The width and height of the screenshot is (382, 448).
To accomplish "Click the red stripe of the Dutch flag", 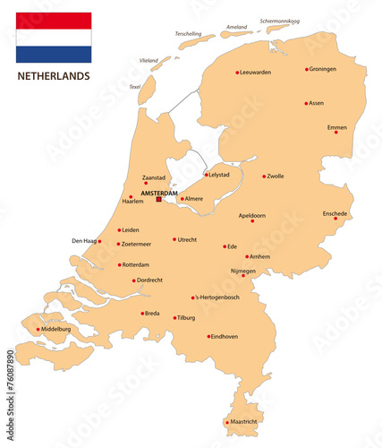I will [54, 21].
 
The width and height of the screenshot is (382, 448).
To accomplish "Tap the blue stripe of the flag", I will [54, 54].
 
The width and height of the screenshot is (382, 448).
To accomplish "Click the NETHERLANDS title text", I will [54, 76].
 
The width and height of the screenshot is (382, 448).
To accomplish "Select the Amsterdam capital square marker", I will [159, 199].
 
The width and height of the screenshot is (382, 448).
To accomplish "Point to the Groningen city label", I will [325, 69].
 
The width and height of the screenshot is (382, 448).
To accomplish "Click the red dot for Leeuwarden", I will [237, 73].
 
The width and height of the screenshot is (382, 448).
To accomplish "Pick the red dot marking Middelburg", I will [38, 329].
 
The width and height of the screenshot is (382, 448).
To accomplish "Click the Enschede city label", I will [335, 213].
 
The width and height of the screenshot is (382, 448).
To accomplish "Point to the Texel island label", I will [135, 87].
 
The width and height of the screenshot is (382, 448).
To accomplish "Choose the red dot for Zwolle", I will [264, 177].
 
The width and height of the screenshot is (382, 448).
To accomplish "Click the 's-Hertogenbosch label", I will [217, 297].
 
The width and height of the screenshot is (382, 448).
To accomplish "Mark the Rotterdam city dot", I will [119, 264].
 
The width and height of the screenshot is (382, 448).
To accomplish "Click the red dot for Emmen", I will [337, 134].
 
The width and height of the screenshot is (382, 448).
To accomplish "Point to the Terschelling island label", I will [189, 33].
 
